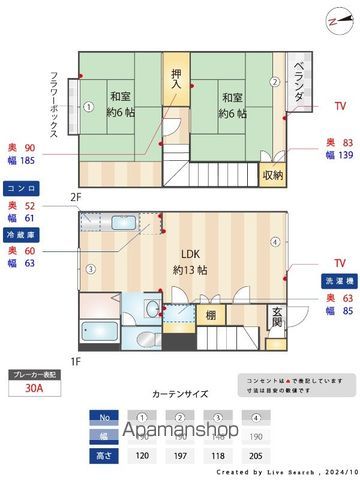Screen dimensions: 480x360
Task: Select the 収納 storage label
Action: (272, 174)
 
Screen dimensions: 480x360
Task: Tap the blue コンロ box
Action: (20, 187)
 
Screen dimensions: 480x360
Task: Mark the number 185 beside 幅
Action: (27, 159)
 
